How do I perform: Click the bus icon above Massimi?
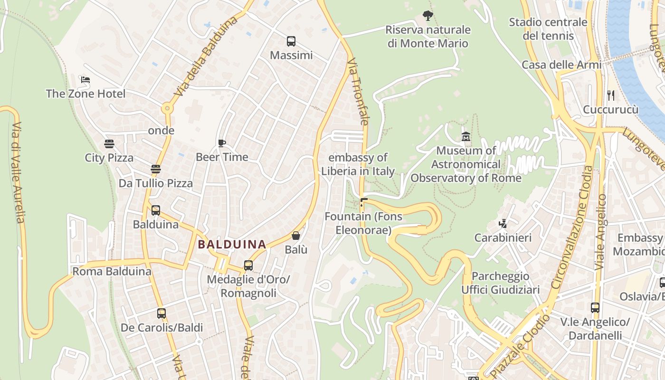point(291,41)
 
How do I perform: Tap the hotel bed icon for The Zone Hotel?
point(85,80)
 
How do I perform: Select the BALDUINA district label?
point(232,244)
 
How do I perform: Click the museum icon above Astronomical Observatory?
point(465,137)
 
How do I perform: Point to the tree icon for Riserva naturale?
point(427,16)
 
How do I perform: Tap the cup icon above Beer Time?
point(221,143)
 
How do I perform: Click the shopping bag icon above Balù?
point(296,236)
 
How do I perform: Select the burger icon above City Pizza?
point(109,144)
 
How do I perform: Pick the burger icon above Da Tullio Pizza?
point(155,169)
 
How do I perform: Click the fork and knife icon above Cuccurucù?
point(610,95)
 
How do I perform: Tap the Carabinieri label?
point(503,237)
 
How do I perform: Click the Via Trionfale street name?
point(358,92)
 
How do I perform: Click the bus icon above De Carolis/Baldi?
point(161,313)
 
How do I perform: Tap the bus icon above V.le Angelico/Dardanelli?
point(595,308)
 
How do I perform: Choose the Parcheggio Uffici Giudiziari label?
point(501,283)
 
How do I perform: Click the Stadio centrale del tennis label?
point(548,29)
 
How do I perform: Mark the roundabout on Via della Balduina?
point(167,108)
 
